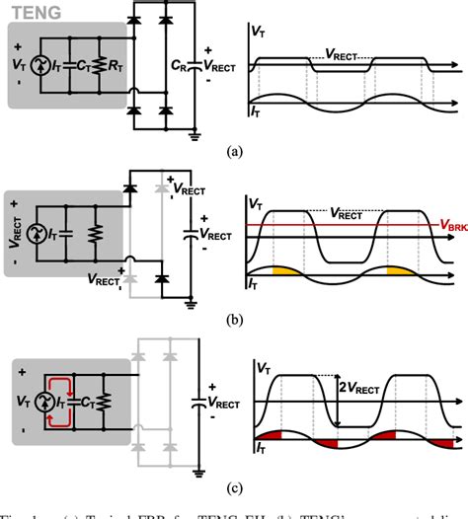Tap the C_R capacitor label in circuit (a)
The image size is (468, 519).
point(182,67)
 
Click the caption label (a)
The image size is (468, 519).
point(233,154)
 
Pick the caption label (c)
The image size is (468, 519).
point(233,486)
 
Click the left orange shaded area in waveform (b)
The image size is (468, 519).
point(284,271)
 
